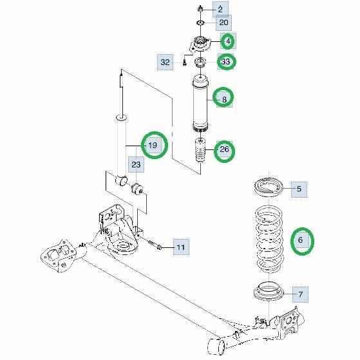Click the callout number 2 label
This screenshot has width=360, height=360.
pos(220,9)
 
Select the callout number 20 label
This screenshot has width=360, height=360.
pos(223,23)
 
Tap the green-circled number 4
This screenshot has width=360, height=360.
pos(228,41)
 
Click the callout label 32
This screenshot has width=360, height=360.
pos(165,62)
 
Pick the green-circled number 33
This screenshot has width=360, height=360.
pos(226,62)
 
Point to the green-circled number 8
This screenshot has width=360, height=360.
pos(223,97)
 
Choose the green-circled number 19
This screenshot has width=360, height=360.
pos(154,145)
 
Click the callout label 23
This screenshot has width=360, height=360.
pos(136,165)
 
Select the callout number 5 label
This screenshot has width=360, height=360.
pos(299,189)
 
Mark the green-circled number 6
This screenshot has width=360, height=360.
pos(302,241)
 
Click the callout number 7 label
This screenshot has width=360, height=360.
pos(301,294)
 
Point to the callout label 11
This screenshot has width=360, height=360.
pos(181,247)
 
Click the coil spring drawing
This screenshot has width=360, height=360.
pos(269,240)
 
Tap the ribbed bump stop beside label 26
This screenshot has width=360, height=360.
pos(200,151)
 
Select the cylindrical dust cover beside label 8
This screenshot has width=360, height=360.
pos(200,104)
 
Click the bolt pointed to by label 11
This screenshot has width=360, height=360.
pos(155,245)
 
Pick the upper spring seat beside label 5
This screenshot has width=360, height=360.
pos(269,187)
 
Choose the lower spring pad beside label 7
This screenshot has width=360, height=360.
pos(269,292)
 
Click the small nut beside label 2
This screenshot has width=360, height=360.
pos(200,9)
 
